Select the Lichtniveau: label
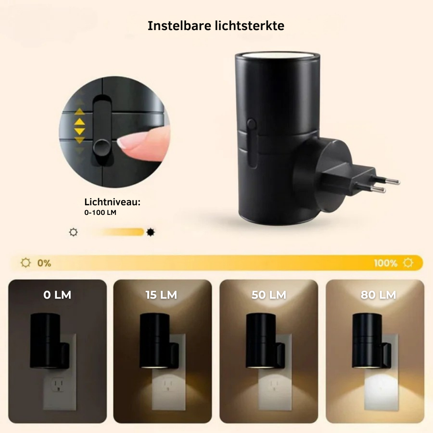[112, 202]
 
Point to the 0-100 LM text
[100, 212]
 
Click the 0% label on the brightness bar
[44, 263]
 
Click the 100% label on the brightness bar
[386, 263]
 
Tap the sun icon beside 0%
[26, 263]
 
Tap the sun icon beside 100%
[408, 263]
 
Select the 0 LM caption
[57, 295]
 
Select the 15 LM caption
[161, 295]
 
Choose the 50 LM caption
[269, 295]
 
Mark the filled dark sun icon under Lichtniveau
[150, 232]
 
